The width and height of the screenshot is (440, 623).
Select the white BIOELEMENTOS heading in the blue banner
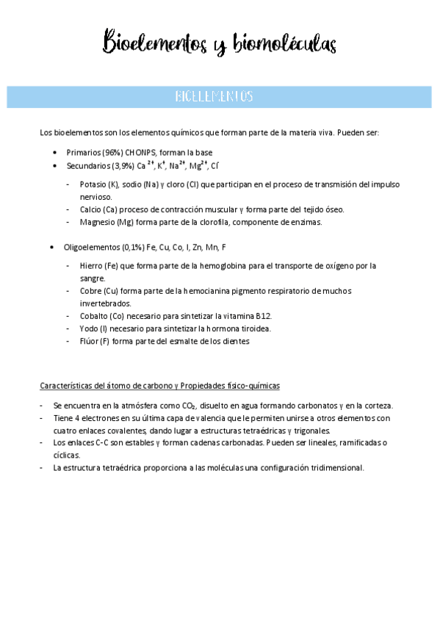point(214,96)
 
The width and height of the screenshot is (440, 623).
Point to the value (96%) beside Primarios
point(111,152)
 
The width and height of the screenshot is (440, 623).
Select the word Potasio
point(93,184)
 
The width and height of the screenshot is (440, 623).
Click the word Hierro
point(91,265)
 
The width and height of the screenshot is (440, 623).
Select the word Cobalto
point(93,316)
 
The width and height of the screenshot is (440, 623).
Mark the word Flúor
point(90,341)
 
